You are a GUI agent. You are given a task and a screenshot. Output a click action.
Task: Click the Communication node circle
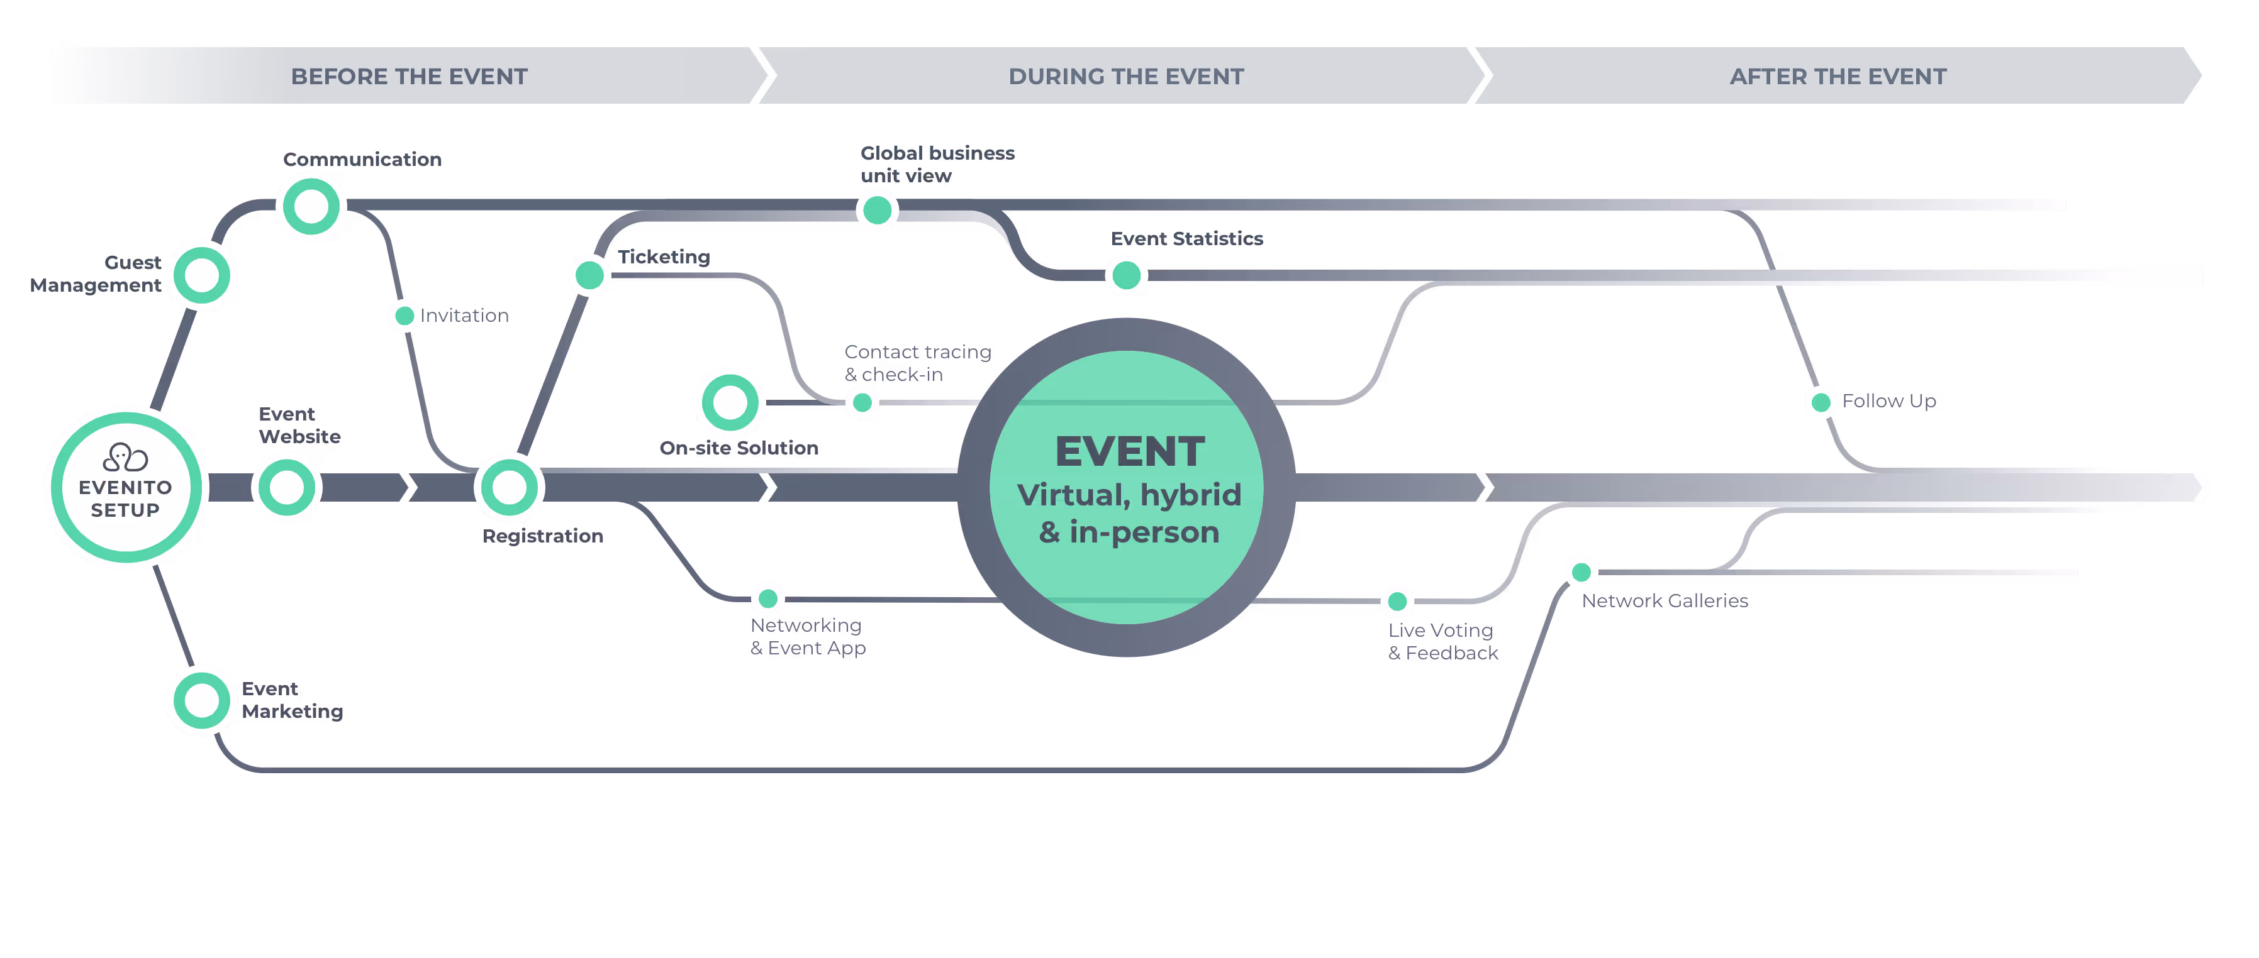[x=311, y=207]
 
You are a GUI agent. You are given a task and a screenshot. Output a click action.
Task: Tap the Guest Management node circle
[x=202, y=275]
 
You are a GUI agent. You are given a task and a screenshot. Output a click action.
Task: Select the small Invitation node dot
[x=404, y=316]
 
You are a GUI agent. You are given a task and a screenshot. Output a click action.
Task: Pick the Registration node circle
[x=509, y=487]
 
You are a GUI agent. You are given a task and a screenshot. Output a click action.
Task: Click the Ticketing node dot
[x=589, y=275]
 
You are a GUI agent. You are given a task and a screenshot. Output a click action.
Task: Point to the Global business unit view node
[x=877, y=211]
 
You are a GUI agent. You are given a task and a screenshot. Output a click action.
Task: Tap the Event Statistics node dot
[x=1126, y=275]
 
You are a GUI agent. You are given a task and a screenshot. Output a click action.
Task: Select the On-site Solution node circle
[x=730, y=402]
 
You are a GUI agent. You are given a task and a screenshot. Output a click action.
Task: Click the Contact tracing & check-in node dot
[x=862, y=402]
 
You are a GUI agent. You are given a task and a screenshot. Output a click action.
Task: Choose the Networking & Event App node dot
[x=768, y=598]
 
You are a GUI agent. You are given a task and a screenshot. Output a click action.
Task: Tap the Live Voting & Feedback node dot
[x=1397, y=602]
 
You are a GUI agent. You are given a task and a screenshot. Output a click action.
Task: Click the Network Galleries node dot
[x=1581, y=572]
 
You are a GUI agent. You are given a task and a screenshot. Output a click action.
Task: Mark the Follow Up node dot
[x=1821, y=402]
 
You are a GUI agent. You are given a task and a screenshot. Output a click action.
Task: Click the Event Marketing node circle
[x=202, y=700]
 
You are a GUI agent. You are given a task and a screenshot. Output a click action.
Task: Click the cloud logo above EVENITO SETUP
[x=125, y=456]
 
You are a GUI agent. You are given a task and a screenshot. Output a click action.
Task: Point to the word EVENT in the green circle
[x=1130, y=452]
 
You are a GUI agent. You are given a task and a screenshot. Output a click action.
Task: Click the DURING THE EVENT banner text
[x=1126, y=76]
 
